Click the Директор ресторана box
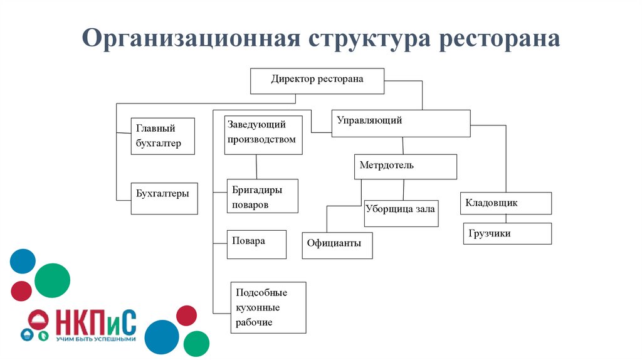tap(317, 80)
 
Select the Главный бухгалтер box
tap(163, 136)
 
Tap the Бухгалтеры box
tap(164, 198)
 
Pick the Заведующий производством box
tap(263, 135)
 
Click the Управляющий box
tap(401, 123)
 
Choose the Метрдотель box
tap(405, 167)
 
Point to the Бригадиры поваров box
tap(262, 196)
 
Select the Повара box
tap(256, 244)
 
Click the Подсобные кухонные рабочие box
tap(268, 307)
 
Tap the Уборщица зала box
tap(400, 213)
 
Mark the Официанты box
tap(337, 245)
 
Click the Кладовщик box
tap(507, 203)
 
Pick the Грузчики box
tap(507, 233)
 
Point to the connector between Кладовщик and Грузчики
tap(507, 219)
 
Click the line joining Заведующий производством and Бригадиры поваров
tap(256, 167)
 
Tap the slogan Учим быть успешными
tap(95, 339)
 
